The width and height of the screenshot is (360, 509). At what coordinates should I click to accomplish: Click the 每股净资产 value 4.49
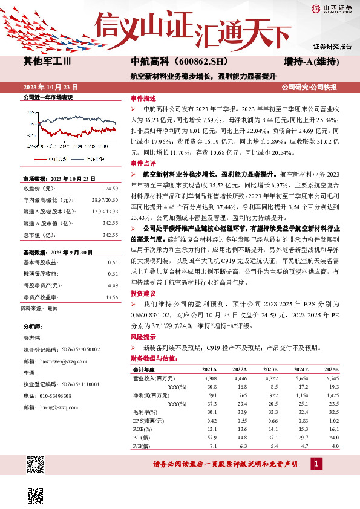(x=113, y=285)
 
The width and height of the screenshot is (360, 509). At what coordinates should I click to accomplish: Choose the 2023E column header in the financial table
(x=270, y=369)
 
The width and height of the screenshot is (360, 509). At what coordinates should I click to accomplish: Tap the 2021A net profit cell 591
(x=211, y=394)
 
